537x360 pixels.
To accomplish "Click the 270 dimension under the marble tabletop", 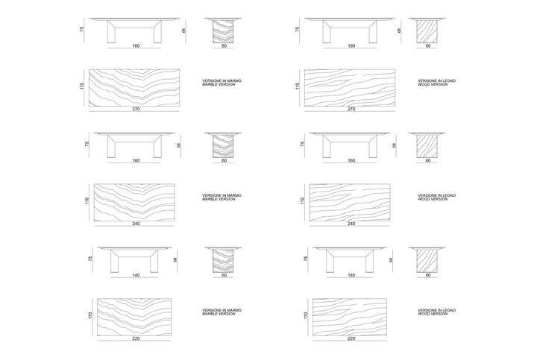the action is (136, 109).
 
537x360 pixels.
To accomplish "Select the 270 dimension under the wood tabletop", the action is (351, 109).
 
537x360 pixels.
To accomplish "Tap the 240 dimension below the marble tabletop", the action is (136, 224).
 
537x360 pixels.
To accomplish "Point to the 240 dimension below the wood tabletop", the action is (351, 224).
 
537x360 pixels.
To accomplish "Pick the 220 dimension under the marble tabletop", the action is (136, 338).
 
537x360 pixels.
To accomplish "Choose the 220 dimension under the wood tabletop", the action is (351, 338).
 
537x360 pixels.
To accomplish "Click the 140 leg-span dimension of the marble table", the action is (136, 275).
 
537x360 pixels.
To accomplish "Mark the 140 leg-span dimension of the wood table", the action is (351, 275).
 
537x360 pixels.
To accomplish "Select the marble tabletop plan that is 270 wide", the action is (134, 88).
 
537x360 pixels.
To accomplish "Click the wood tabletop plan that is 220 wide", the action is (350, 317).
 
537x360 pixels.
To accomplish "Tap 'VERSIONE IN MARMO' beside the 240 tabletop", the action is (222, 195).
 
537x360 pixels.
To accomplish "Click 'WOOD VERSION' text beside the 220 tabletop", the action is (433, 314).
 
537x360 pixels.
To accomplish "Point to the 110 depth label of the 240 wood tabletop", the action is (302, 201).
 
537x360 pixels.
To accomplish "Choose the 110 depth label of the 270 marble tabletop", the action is (82, 86).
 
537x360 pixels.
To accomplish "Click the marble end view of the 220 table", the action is (223, 260).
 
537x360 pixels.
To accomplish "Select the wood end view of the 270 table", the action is (427, 31).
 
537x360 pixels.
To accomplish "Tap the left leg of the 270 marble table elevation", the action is (111, 32).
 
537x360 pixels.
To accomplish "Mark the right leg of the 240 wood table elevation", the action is (373, 147).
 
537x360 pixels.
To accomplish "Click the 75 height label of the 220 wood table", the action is (306, 259).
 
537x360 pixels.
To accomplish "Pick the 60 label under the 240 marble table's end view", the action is (224, 160).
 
